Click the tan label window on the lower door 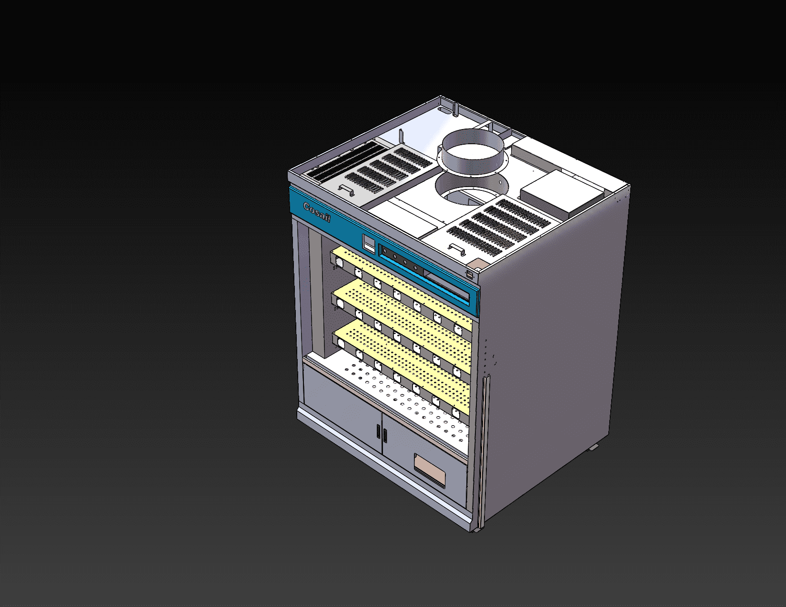[x=430, y=470]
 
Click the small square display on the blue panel [x=369, y=244]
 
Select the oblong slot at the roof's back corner [x=443, y=110]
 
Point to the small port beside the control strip [x=470, y=274]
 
